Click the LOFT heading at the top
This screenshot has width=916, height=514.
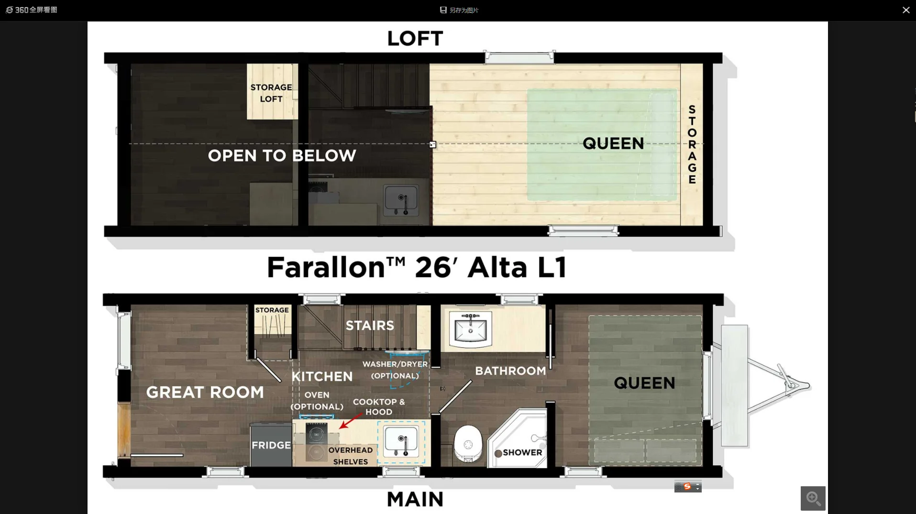tap(415, 39)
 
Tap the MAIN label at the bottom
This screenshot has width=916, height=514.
tap(415, 499)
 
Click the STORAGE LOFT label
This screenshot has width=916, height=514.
tap(271, 93)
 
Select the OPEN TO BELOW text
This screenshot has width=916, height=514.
tap(282, 155)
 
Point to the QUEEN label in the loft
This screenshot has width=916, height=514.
tap(613, 143)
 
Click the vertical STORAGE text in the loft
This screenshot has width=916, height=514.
tap(692, 144)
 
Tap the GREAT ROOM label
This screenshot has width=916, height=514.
tap(205, 392)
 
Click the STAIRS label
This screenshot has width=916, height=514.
tap(370, 326)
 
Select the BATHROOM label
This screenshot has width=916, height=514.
tap(510, 371)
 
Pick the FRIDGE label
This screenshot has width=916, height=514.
tap(271, 445)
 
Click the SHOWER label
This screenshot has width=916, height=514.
tap(522, 452)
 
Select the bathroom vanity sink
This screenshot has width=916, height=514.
tap(470, 329)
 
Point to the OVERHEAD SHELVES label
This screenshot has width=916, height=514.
tap(350, 456)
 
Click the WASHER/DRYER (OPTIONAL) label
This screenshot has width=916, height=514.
tap(395, 370)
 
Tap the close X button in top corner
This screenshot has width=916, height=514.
tap(906, 10)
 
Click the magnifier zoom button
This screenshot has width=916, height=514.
tap(813, 498)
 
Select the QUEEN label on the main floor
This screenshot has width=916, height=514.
tap(644, 383)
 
